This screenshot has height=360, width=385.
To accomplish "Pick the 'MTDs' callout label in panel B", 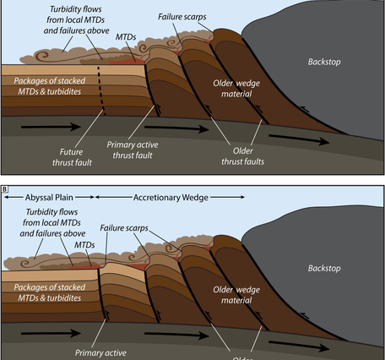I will [84, 243].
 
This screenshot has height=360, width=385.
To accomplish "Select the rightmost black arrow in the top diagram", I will [286, 134].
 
